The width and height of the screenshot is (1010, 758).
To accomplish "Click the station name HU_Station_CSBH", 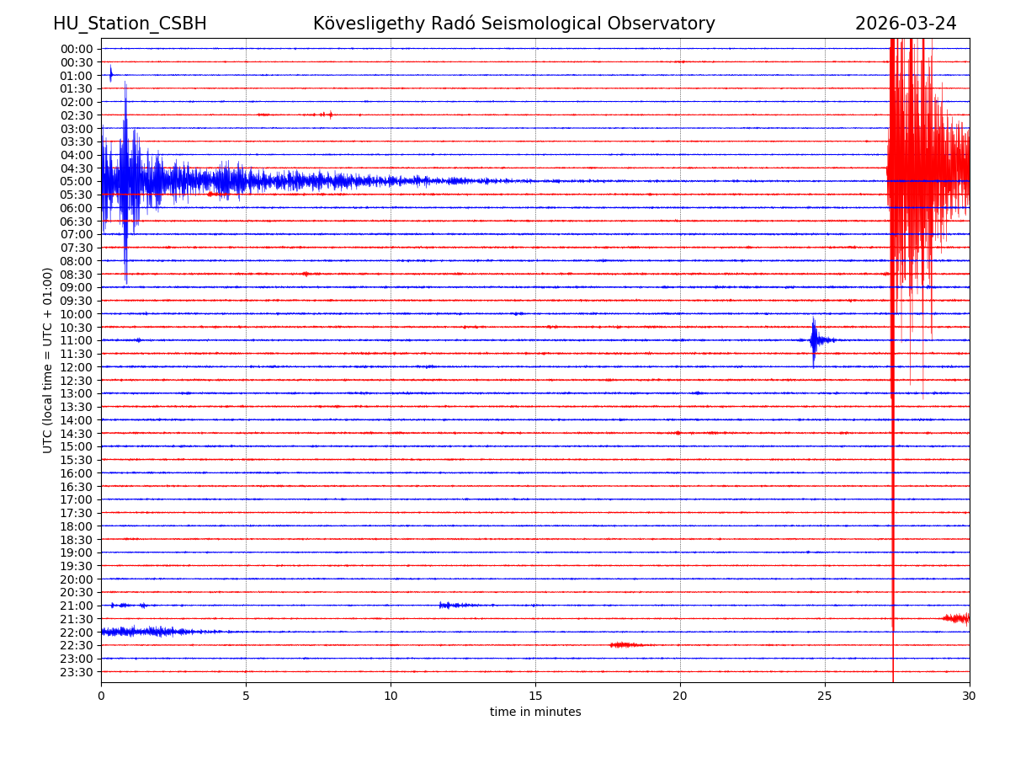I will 130,24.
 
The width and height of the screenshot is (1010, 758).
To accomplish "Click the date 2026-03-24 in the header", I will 906,24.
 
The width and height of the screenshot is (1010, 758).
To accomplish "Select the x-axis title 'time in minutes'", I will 535,713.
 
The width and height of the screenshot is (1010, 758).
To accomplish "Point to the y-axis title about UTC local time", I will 48,360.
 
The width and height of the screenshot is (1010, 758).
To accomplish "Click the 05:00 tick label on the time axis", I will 76,181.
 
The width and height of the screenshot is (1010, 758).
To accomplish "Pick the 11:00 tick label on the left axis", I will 76,340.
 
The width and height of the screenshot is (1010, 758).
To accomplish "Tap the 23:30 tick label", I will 76,672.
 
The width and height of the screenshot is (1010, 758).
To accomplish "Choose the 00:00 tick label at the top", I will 76,49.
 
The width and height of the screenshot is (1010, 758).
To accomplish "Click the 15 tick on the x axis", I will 535,696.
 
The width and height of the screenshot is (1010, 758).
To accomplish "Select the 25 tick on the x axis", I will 825,696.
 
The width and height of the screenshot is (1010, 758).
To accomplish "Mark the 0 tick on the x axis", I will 101,696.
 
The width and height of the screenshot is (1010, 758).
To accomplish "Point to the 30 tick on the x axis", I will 970,696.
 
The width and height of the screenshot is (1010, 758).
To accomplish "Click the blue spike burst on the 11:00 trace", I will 814,340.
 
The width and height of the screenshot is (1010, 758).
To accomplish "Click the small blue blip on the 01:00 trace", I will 110,74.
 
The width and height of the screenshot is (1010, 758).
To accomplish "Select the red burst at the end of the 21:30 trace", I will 956,618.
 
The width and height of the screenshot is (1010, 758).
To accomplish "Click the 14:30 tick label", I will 76,433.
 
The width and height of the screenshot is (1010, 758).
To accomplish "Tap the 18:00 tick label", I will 76,526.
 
